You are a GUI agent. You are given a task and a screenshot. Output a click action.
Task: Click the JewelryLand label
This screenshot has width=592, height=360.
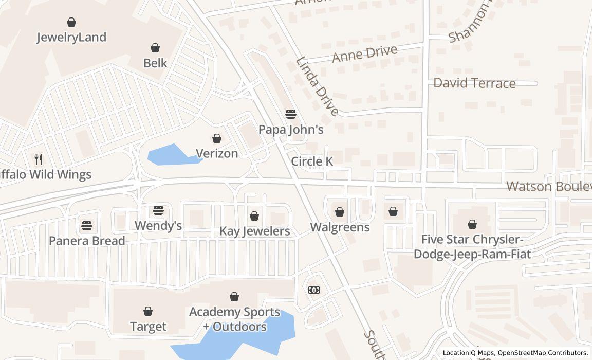click(x=71, y=37)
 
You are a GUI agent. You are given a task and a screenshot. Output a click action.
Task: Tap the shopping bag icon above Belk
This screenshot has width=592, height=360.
click(x=155, y=48)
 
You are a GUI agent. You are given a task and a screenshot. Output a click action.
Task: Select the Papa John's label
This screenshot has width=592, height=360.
click(x=291, y=129)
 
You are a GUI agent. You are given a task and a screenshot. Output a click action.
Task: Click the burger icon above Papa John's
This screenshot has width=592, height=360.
click(x=291, y=114)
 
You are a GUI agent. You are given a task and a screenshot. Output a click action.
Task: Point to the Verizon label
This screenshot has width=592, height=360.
click(x=217, y=153)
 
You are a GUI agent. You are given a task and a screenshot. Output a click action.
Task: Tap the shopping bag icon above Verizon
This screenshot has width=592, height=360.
click(x=217, y=138)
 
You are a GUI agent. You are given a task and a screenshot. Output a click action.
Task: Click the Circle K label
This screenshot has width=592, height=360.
click(x=312, y=161)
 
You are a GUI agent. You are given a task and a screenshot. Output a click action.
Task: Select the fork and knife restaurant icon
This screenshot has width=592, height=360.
click(x=39, y=159)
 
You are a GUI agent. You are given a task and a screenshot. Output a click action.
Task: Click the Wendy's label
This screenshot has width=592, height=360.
click(x=158, y=225)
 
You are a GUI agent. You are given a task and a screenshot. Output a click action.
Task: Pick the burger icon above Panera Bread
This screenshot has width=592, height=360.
click(x=86, y=225)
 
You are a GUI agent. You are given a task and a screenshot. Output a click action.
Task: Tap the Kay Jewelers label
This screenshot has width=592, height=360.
click(x=255, y=231)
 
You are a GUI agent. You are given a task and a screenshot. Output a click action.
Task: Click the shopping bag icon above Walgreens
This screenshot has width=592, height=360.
click(x=340, y=211)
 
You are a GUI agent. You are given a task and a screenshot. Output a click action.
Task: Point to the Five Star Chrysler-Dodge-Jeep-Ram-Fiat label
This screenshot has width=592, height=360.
click(x=472, y=246)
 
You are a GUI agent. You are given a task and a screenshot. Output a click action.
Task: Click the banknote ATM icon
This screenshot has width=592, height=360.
click(x=314, y=290)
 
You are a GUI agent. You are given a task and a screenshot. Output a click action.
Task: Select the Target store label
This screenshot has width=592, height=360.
click(x=148, y=326)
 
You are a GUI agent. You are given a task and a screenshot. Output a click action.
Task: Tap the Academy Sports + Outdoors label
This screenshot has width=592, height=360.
click(x=234, y=319)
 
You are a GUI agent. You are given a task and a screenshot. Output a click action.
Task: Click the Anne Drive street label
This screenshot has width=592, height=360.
click(x=364, y=53)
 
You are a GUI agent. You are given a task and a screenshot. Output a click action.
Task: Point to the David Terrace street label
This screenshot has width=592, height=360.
click(x=474, y=83)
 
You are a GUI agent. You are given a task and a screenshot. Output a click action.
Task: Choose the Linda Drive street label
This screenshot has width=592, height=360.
click(x=317, y=86)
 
